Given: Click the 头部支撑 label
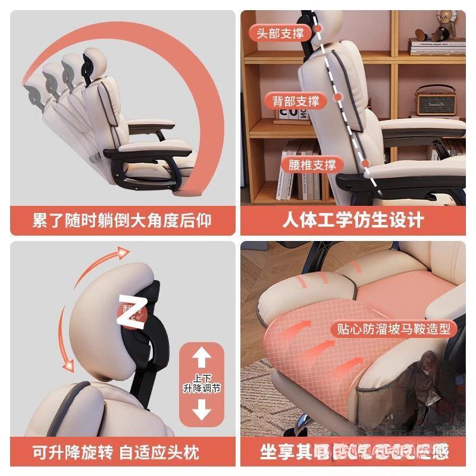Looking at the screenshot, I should point(280,33).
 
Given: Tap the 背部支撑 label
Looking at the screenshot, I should point(296,101).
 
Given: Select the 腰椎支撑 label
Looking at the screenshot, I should point(312,165).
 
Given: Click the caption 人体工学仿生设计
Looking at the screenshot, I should point(353,220).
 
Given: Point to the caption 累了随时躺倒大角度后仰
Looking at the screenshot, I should point(122,220).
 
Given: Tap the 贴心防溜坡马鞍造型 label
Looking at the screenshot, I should point(394,329).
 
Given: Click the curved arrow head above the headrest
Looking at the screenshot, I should point(123,255).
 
